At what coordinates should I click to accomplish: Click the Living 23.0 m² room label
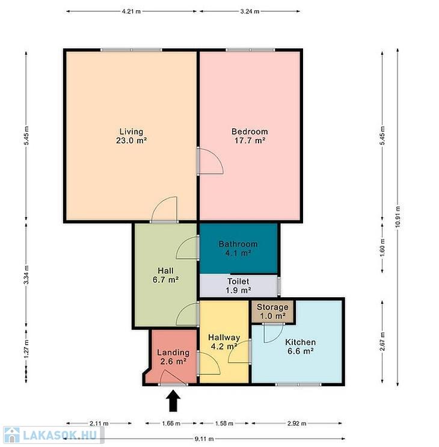[x=131, y=136]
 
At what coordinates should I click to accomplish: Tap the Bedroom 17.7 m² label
[x=250, y=136]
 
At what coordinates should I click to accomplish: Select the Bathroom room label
[x=238, y=248]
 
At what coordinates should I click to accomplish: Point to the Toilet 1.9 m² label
[x=239, y=286]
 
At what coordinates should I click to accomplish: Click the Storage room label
[x=272, y=311]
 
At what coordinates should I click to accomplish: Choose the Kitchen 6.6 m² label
[x=300, y=347]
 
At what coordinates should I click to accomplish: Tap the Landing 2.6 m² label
[x=173, y=357]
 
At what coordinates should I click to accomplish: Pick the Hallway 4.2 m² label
[x=224, y=342]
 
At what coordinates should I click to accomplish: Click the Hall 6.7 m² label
[x=165, y=275]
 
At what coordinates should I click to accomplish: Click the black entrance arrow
[x=173, y=401]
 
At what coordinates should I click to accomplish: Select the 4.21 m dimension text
[x=131, y=11]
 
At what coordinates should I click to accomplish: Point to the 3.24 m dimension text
[x=250, y=11]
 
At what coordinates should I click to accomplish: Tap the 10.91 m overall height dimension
[x=398, y=217]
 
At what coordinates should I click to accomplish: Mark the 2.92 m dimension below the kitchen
[x=297, y=424]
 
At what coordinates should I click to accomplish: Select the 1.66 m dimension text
[x=171, y=424]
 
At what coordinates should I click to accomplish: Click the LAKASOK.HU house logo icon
[x=12, y=435]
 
